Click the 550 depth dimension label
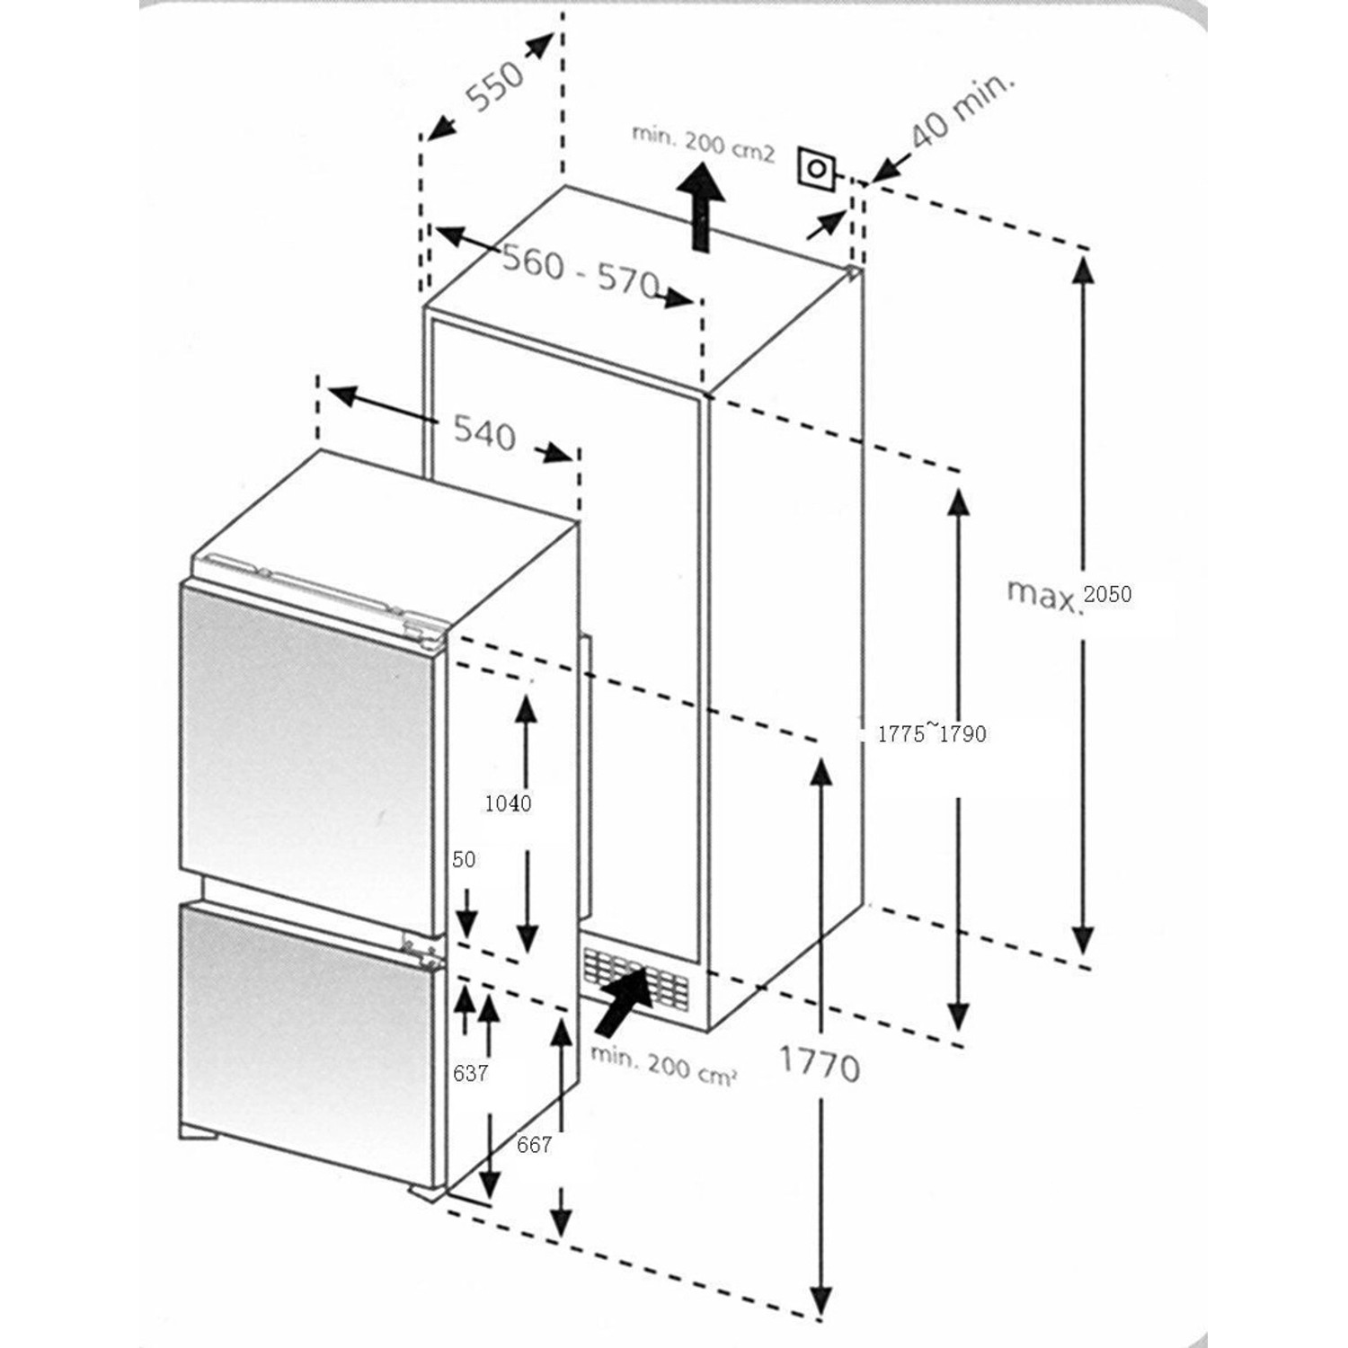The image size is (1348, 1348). [x=495, y=84]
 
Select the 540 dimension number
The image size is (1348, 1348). [x=485, y=433]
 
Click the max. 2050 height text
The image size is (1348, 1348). [x=1069, y=594]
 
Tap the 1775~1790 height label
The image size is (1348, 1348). [x=931, y=734]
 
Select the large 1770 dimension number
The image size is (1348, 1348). [x=819, y=1066]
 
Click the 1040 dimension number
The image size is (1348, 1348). [x=508, y=803]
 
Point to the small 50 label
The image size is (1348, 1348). [x=464, y=860]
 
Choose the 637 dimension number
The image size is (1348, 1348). [x=470, y=1073]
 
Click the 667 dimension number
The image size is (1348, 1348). [x=534, y=1145]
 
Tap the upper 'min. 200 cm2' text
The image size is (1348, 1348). [x=703, y=143]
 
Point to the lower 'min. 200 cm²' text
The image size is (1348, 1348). [x=664, y=1066]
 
